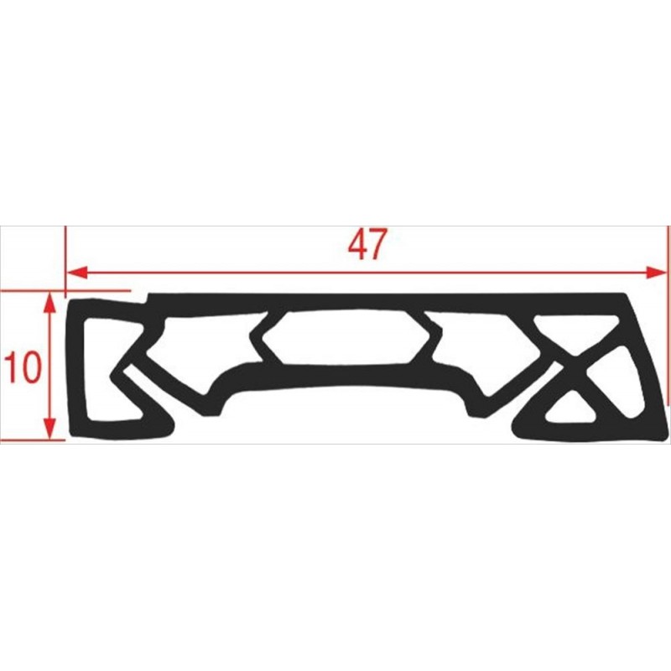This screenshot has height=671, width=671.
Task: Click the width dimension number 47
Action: click(x=367, y=244)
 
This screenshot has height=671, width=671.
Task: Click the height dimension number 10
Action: click(x=23, y=367)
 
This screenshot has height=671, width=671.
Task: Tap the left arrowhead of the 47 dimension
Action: click(x=77, y=272)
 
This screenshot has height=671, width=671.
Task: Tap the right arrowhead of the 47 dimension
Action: click(x=656, y=272)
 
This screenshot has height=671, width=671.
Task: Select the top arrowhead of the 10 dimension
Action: click(x=50, y=302)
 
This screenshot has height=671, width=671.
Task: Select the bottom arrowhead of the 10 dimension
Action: click(x=50, y=429)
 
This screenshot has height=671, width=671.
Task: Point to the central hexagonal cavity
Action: click(x=346, y=337)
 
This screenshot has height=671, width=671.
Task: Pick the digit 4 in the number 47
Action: click(x=357, y=244)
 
